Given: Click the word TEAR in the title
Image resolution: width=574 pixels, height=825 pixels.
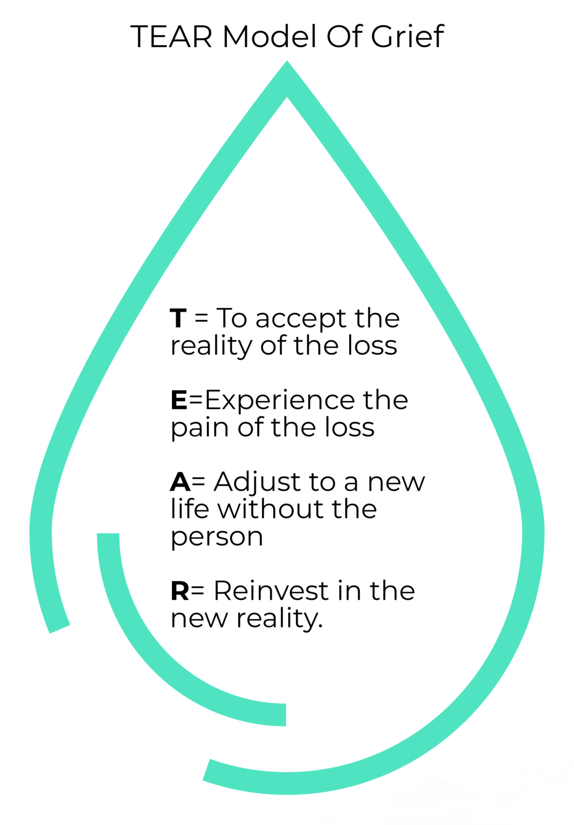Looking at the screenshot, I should coord(171,37).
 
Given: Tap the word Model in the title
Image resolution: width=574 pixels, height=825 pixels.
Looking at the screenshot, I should coord(269,37).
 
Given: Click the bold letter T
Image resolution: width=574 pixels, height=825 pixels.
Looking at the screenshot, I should coord(178,319).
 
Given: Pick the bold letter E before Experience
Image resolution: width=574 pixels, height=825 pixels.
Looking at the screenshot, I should coord(179,400).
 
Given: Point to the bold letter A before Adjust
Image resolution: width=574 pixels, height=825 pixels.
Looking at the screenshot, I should coord(180,482).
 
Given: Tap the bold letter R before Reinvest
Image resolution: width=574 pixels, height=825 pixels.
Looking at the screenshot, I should coord(180,591).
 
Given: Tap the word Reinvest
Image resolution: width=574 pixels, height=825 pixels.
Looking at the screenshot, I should coord(272,591).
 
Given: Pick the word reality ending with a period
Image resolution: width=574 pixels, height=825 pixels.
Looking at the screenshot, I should coord(279,619).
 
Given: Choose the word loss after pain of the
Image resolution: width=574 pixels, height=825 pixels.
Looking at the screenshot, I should coord(349,428).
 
